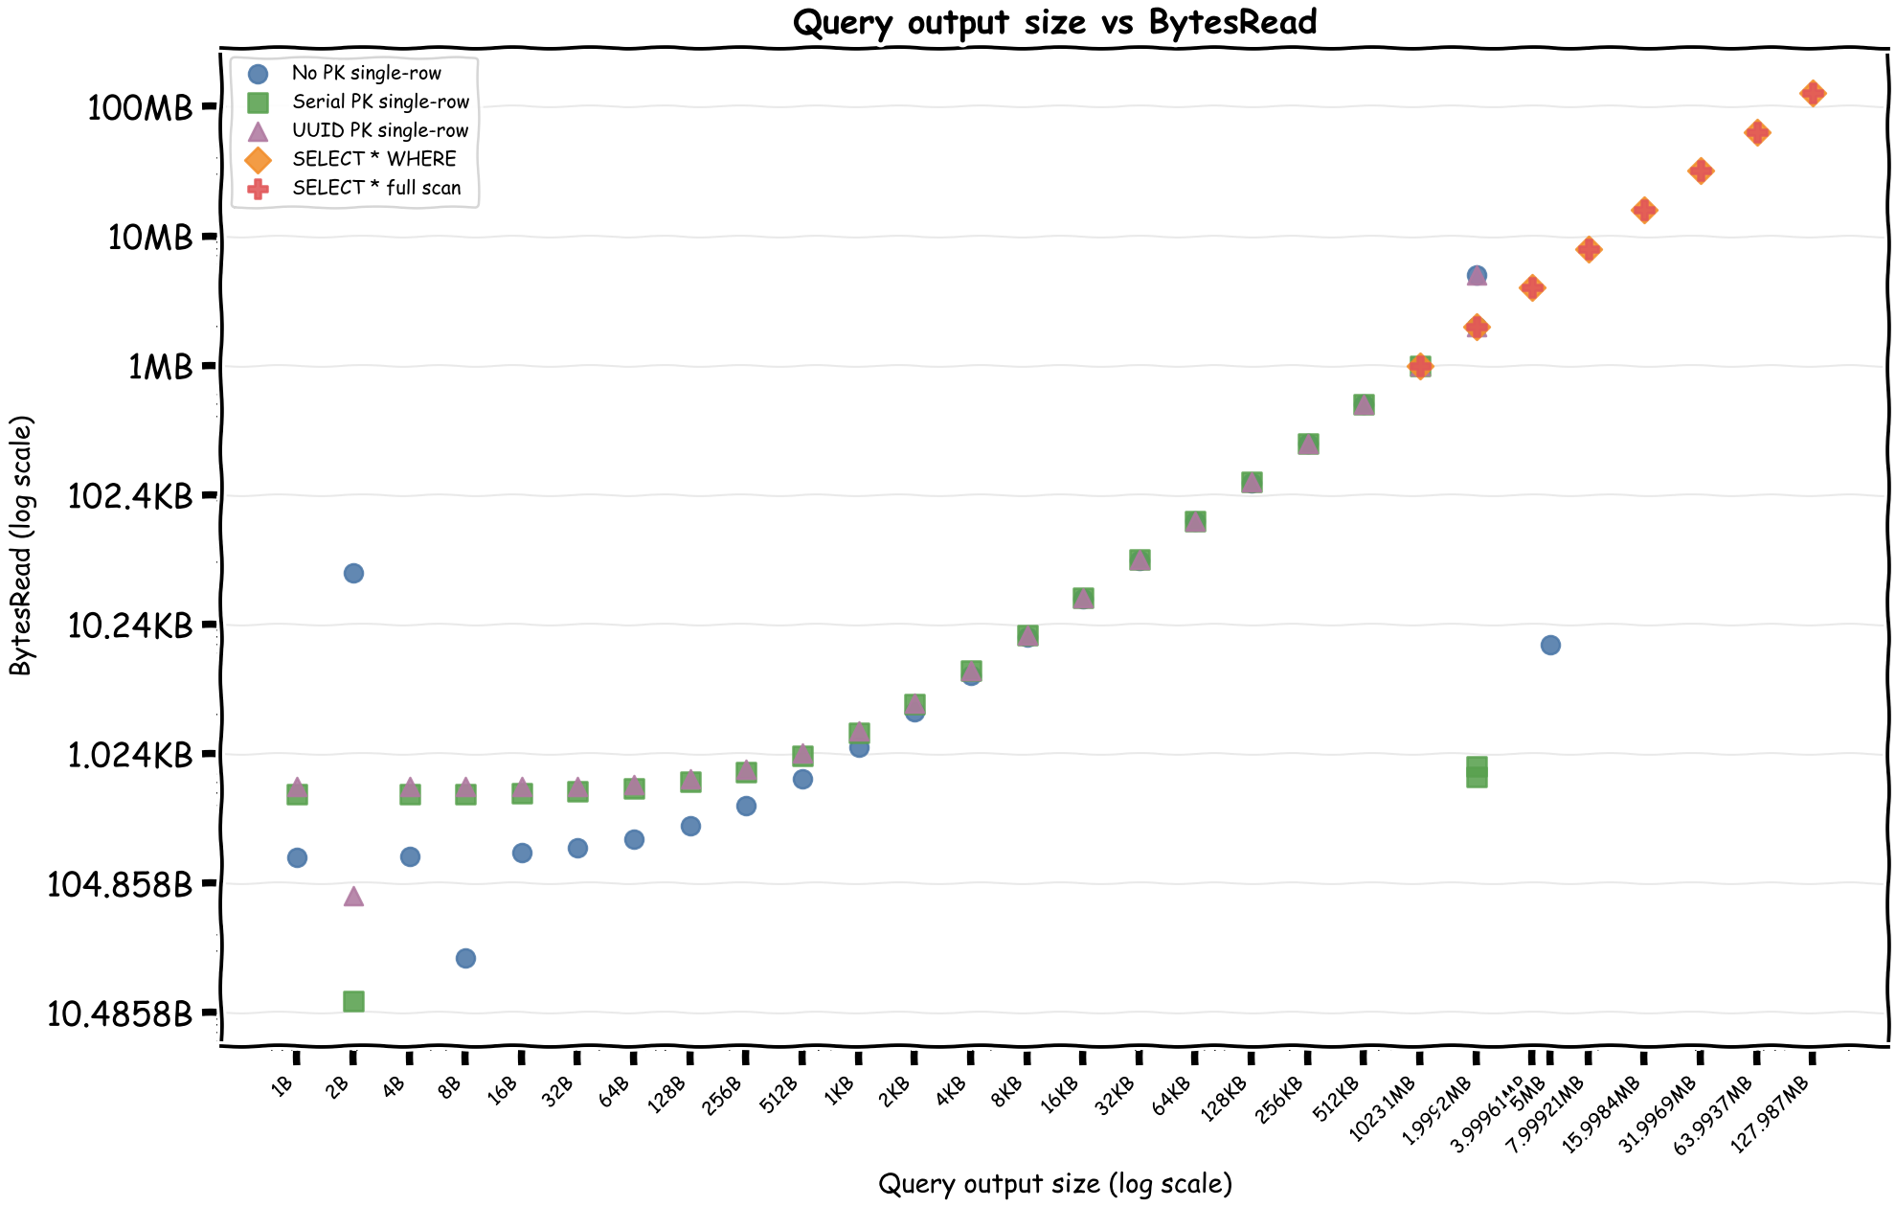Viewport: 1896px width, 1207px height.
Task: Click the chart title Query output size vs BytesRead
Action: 1054,22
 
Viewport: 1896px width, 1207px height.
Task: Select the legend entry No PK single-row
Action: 366,73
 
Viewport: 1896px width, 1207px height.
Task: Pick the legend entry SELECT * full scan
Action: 376,188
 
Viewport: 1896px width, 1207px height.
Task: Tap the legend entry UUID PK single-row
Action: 380,130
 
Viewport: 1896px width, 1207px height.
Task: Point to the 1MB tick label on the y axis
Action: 161,366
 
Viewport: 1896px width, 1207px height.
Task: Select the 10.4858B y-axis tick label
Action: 120,1013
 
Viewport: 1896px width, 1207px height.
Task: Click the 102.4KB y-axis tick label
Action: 130,495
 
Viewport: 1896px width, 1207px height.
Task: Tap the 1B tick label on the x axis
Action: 282,1085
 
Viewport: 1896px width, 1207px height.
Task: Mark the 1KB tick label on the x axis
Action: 840,1090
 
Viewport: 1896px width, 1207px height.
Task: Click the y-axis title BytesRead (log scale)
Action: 21,546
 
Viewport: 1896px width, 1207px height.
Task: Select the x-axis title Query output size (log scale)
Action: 1054,1184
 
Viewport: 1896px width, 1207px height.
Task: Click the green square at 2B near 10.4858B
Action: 353,1001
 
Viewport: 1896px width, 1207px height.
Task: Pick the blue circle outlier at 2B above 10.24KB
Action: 353,573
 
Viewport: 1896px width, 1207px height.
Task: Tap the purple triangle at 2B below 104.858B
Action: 353,897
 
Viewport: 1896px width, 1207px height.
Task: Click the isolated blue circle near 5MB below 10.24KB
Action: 1550,645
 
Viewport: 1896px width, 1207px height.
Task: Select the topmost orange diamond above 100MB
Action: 1812,93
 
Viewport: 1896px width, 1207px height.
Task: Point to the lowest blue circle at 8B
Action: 465,958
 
